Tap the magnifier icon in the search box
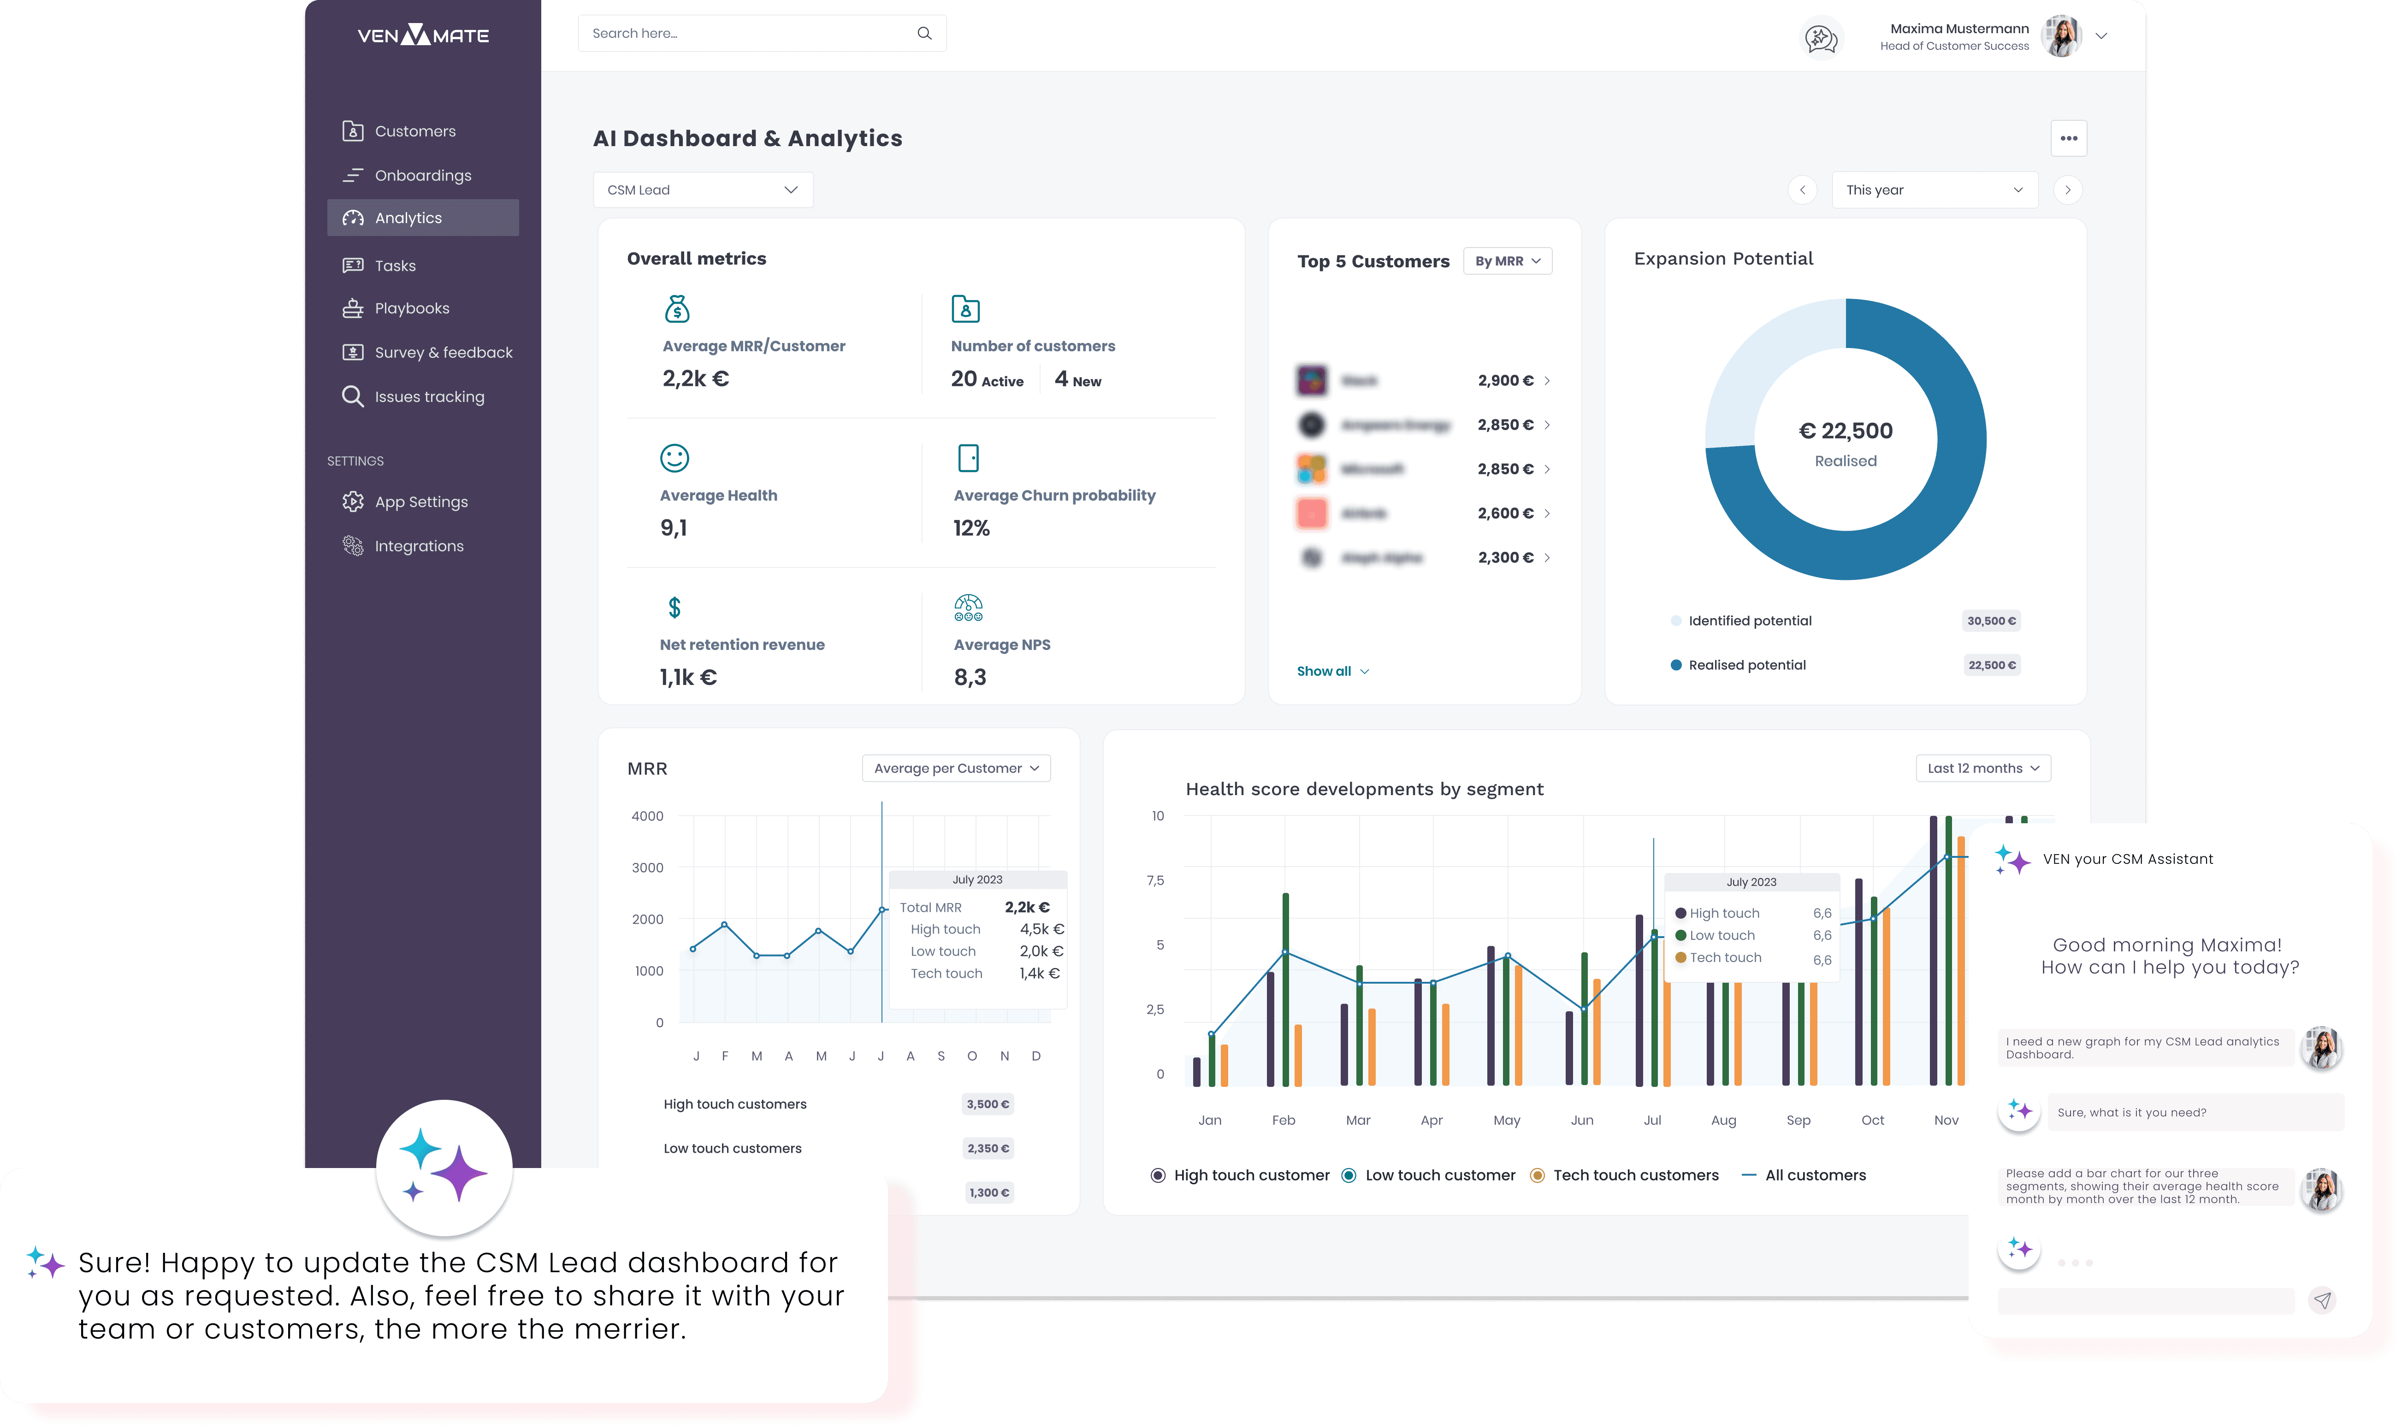(x=924, y=34)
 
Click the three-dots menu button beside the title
(x=2068, y=139)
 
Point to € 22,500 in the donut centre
(x=1845, y=431)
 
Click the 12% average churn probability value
(x=971, y=528)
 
